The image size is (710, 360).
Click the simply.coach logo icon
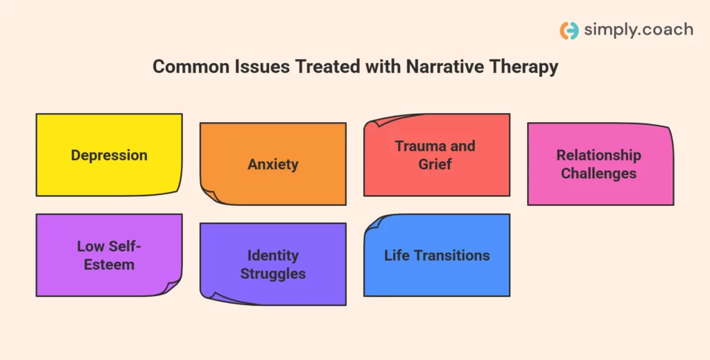pos(569,31)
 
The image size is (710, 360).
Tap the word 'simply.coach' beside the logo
pos(638,30)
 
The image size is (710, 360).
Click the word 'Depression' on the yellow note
pos(109,155)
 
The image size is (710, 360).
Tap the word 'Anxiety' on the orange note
pos(273,164)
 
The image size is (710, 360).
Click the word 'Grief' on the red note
pos(435,164)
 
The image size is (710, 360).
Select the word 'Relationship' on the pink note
pos(598,155)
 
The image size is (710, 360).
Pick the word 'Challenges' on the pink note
pos(598,173)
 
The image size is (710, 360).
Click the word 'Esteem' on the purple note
pos(109,264)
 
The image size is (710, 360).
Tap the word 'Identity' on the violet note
pos(273,255)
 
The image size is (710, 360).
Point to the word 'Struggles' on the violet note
pos(273,273)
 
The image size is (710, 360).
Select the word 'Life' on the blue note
pos(397,255)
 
